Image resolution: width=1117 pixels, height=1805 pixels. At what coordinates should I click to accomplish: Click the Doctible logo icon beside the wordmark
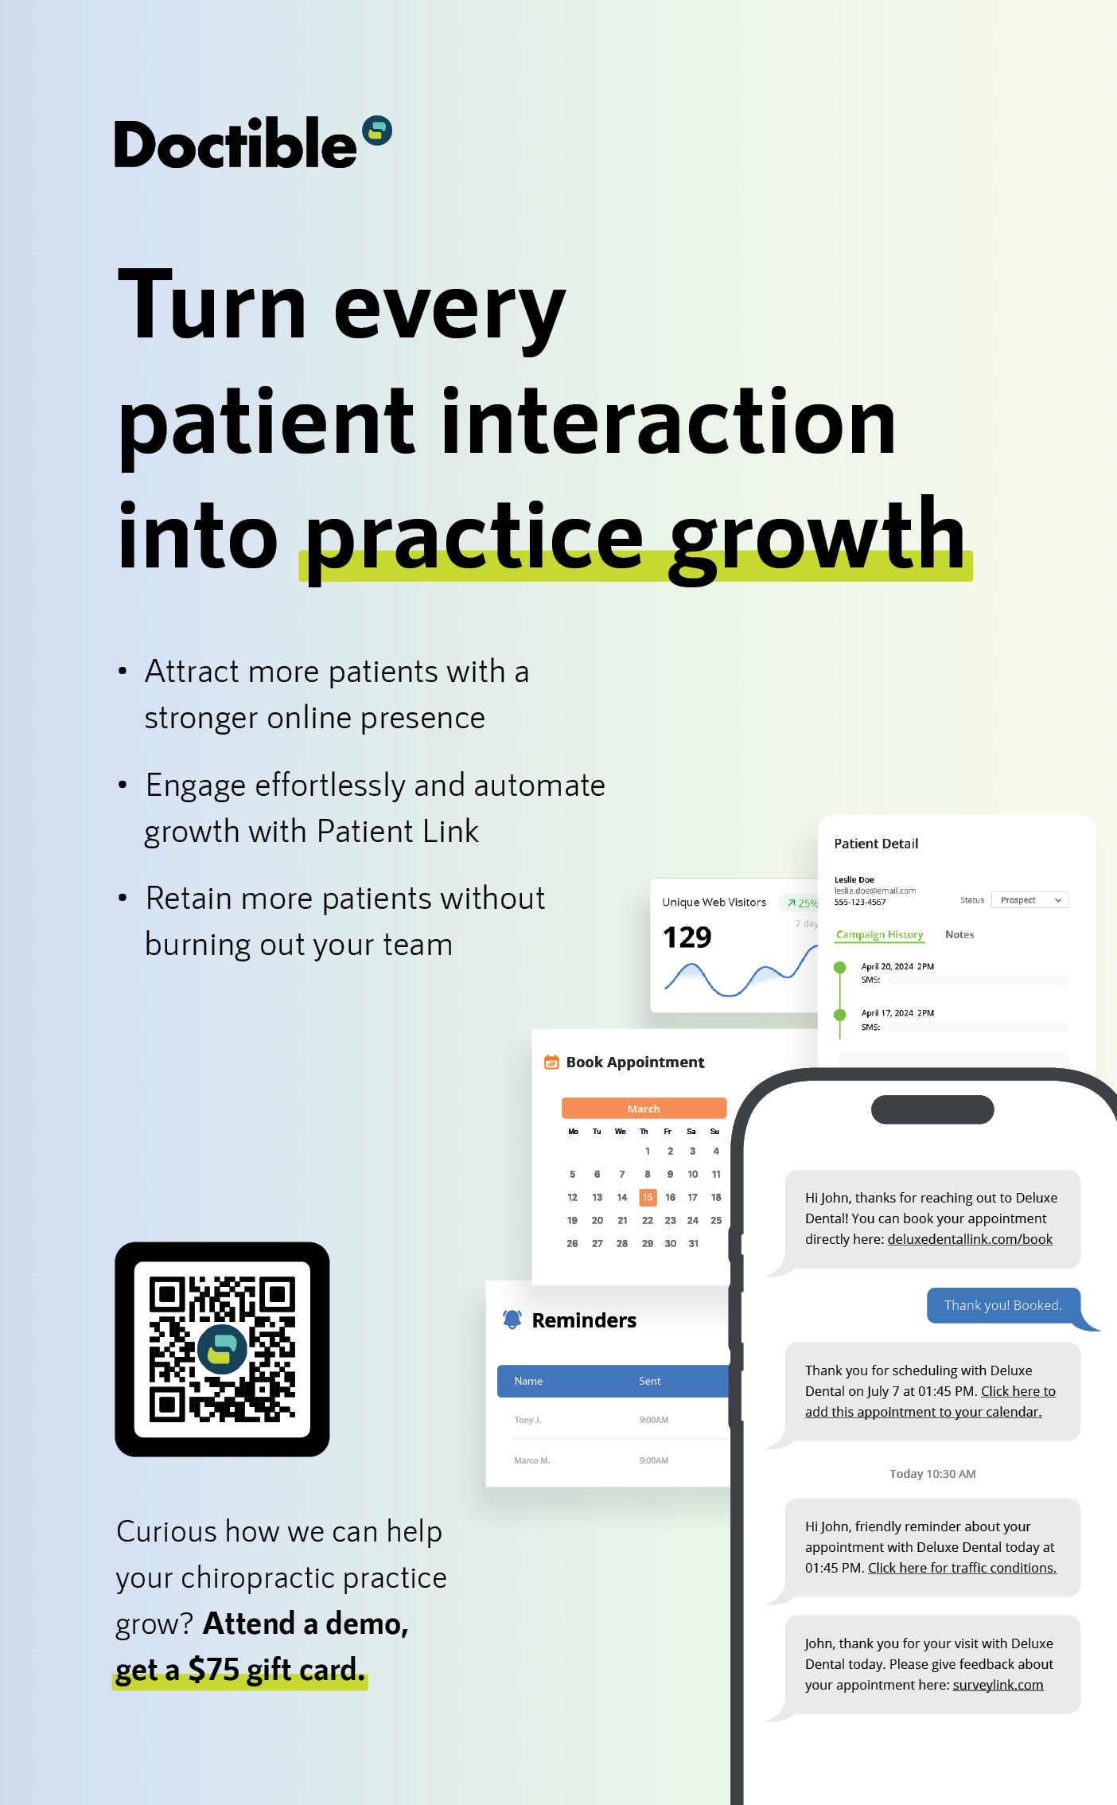[x=377, y=131]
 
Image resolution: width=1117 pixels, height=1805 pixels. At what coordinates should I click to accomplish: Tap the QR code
[x=222, y=1349]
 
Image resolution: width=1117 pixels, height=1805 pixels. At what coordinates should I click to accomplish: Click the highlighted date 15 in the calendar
[x=648, y=1197]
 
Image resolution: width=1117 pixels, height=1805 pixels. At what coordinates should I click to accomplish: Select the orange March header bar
[x=644, y=1109]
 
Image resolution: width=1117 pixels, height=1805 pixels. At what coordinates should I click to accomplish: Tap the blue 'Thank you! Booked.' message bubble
[x=1004, y=1305]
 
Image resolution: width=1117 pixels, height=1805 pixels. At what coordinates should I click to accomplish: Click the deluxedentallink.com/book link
[x=970, y=1239]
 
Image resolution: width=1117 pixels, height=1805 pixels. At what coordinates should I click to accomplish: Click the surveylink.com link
[x=998, y=1685]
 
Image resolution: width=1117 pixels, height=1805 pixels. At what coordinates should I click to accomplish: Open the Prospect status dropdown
[x=1030, y=900]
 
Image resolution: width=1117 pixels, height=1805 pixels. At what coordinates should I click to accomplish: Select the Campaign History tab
[x=880, y=934]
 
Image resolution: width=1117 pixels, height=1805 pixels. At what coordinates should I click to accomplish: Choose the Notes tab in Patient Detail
[x=959, y=934]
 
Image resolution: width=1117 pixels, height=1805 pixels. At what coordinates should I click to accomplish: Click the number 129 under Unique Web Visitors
[x=687, y=938]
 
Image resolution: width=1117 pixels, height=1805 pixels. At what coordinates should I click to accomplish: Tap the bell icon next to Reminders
[x=512, y=1320]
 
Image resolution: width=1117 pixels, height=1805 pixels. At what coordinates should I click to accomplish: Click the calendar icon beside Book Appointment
[x=551, y=1062]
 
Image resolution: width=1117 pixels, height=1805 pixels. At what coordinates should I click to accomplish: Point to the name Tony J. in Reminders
[x=527, y=1420]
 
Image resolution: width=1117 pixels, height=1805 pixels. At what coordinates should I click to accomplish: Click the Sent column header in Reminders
[x=649, y=1381]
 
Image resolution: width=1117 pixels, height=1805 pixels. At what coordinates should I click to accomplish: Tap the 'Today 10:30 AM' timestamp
[x=932, y=1474]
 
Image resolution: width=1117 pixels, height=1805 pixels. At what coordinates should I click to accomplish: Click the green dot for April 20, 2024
[x=839, y=968]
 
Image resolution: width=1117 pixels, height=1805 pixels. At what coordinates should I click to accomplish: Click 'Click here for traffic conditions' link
[x=962, y=1568]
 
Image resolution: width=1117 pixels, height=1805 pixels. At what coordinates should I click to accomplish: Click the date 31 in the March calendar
[x=694, y=1243]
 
